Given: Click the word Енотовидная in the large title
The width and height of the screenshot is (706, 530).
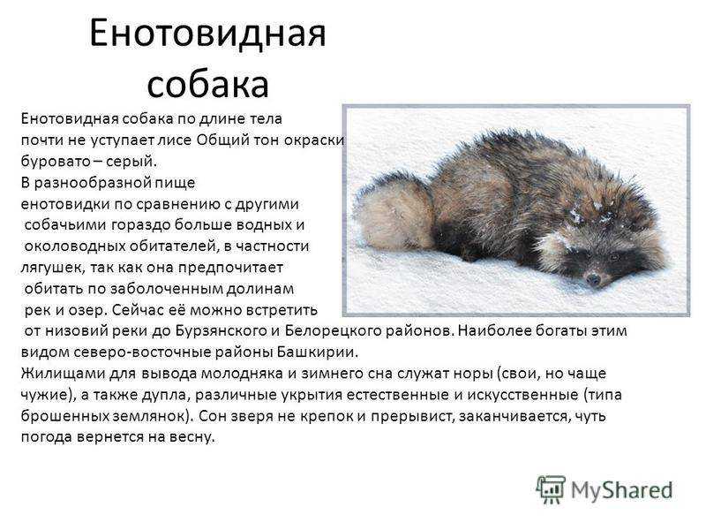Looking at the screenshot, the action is (x=207, y=34).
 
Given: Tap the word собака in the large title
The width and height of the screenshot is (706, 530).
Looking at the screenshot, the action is (x=208, y=84).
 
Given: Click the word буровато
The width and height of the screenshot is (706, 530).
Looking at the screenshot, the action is (x=56, y=161).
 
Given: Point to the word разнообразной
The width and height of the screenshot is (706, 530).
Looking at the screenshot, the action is (x=92, y=183).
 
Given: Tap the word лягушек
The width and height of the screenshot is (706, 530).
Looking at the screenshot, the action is (x=53, y=268).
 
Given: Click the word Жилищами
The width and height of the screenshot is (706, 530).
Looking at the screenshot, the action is (x=56, y=373).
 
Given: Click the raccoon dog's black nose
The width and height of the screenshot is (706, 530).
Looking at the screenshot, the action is (x=593, y=279).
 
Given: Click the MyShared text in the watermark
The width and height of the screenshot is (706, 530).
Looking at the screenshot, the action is (x=622, y=490).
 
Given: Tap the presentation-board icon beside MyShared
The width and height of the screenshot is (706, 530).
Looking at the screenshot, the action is (x=551, y=488).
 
